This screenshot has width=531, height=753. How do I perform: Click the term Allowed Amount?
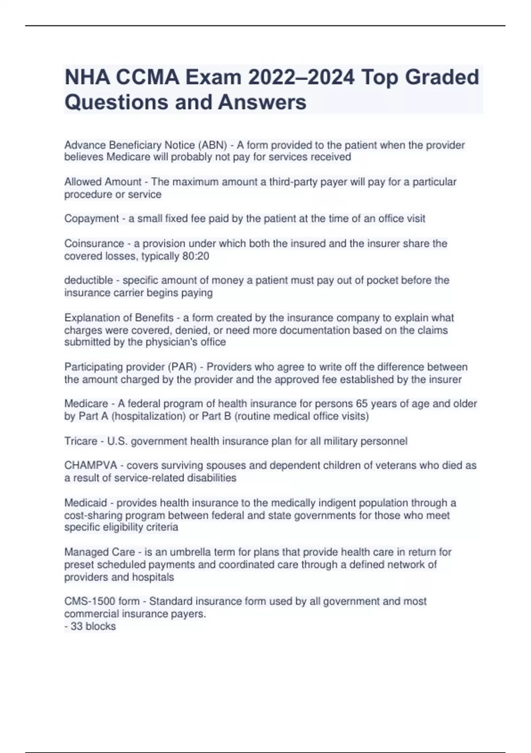click(x=103, y=182)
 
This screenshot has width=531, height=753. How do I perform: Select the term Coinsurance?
click(x=94, y=244)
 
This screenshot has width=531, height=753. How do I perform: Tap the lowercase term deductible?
click(x=88, y=280)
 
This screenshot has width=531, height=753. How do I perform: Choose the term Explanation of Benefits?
click(x=119, y=318)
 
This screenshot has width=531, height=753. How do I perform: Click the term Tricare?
click(x=81, y=441)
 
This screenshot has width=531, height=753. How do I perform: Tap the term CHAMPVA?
click(x=91, y=466)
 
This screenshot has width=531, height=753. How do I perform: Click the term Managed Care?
click(x=100, y=552)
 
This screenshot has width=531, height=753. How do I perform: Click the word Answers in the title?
click(x=262, y=102)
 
